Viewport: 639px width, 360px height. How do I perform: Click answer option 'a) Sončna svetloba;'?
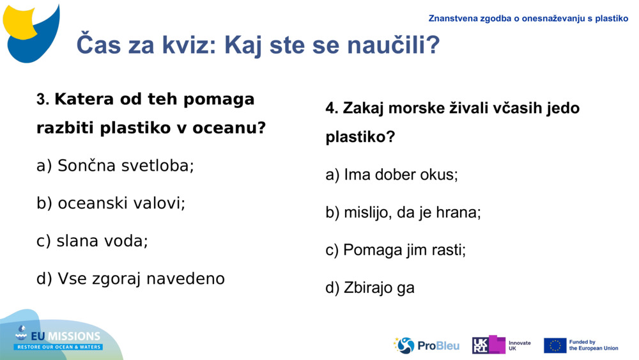tap(115, 166)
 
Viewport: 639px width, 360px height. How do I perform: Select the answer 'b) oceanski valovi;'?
tap(111, 203)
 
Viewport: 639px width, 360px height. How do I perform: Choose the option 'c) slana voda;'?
tap(92, 241)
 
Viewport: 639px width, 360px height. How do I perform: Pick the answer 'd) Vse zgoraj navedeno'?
tap(130, 279)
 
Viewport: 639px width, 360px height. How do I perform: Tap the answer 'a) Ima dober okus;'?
tap(391, 175)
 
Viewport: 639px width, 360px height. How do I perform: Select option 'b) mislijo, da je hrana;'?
tap(403, 212)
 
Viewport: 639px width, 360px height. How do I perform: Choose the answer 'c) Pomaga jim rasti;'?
tap(396, 250)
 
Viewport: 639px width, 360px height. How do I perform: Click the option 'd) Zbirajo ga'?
tap(370, 288)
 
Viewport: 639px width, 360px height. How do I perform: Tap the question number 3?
tap(42, 100)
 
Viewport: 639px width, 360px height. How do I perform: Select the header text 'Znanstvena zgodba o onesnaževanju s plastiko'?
tap(528, 19)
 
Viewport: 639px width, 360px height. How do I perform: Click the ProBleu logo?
tap(426, 345)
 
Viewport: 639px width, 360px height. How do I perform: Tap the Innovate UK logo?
tap(501, 345)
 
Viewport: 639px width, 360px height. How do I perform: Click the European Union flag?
tap(555, 345)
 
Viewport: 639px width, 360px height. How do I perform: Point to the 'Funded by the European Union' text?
tap(593, 345)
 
